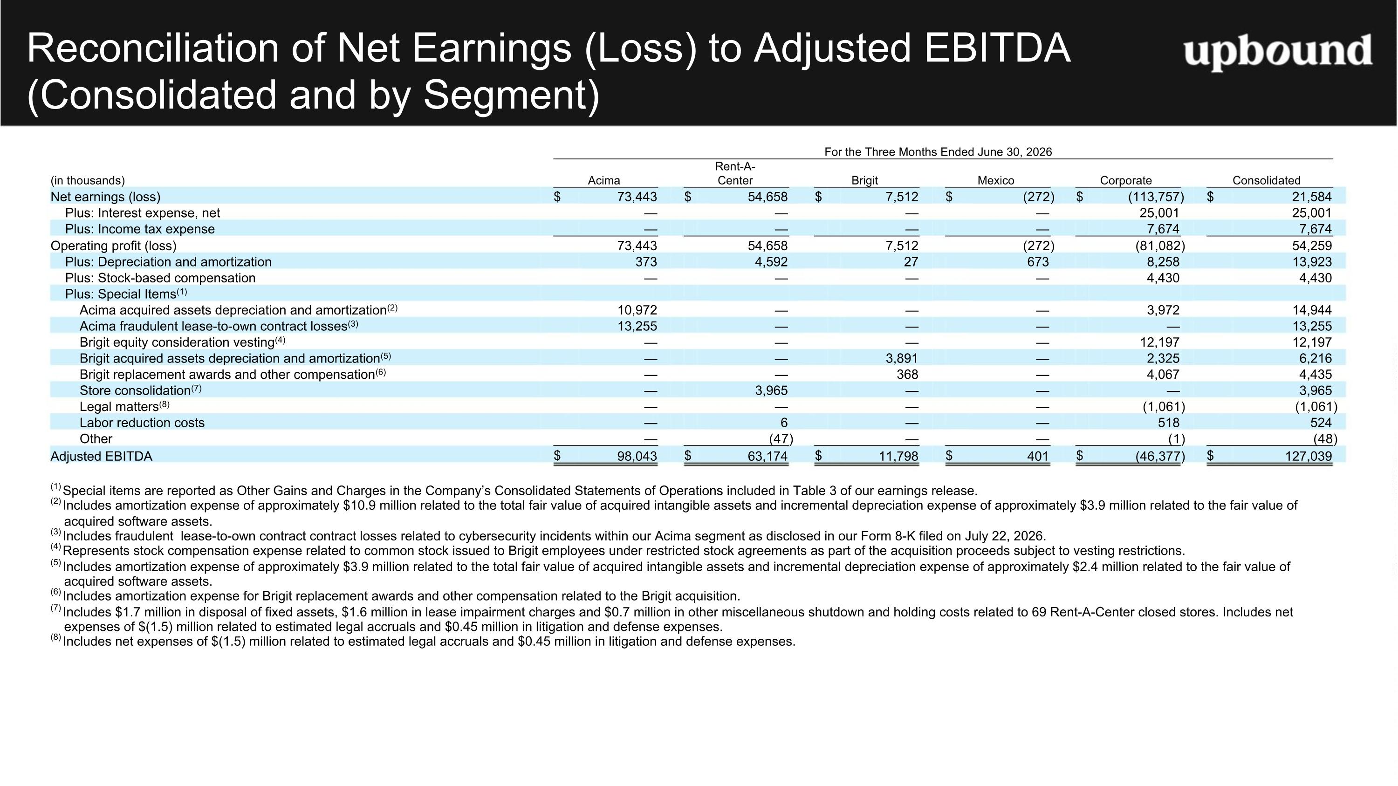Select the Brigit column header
[x=864, y=181]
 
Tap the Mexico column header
[x=996, y=181]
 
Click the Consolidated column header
[x=1267, y=181]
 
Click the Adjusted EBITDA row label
[x=102, y=456]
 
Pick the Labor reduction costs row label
[x=142, y=423]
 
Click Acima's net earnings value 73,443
[x=637, y=197]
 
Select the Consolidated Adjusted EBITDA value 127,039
[x=1309, y=456]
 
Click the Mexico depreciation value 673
[x=1038, y=262]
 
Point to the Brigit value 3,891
[x=902, y=359]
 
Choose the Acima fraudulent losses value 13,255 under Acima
[x=637, y=326]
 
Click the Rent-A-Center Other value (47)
[x=781, y=439]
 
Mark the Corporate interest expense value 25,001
[x=1160, y=213]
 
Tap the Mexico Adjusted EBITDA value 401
[x=1038, y=456]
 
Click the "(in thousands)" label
[x=88, y=181]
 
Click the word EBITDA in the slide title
[x=998, y=48]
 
